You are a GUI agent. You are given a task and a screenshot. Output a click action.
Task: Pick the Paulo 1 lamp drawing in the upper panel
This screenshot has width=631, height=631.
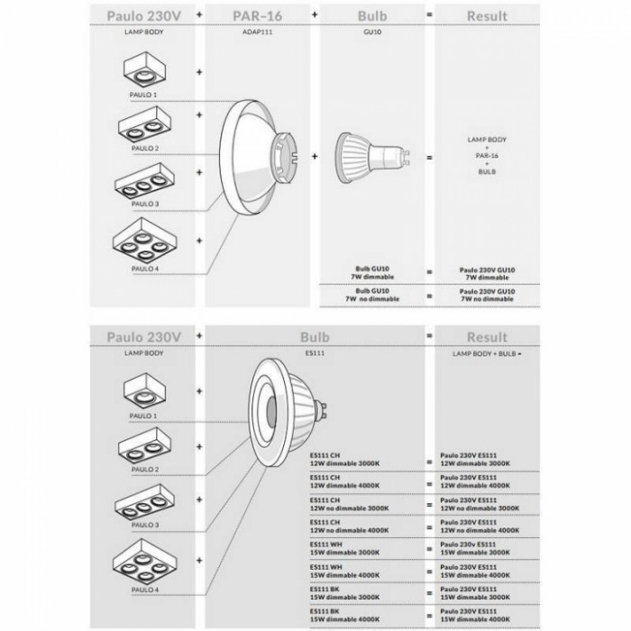tap(147, 69)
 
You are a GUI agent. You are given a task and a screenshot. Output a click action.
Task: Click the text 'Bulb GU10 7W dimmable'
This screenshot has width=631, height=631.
tap(374, 273)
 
